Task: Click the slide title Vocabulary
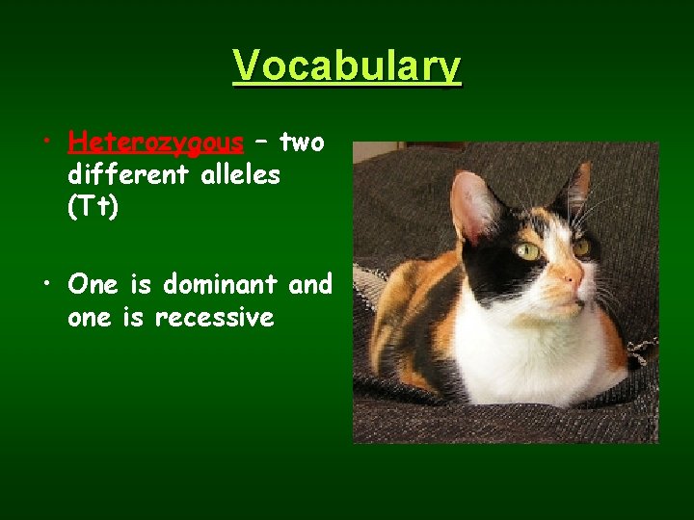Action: (x=347, y=66)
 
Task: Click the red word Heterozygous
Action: (x=155, y=143)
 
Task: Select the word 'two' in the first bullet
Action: (x=302, y=143)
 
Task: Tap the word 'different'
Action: (x=123, y=175)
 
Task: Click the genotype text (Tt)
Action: (x=93, y=208)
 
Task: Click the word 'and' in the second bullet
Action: (x=311, y=284)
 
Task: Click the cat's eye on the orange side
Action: (x=580, y=247)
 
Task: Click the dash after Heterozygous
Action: (x=260, y=143)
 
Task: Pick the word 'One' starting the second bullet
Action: (x=93, y=284)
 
